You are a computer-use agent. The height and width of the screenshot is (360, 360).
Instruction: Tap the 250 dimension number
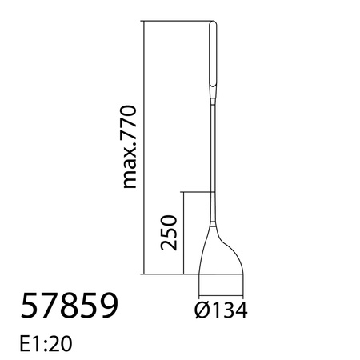click(168, 233)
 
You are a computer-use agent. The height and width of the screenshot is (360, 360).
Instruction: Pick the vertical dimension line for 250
click(184, 233)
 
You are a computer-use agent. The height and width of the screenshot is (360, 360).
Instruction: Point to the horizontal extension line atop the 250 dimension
click(198, 192)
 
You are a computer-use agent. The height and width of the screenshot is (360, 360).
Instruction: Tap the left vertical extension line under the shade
click(198, 284)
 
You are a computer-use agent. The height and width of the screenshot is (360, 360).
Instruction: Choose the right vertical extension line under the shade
click(243, 284)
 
